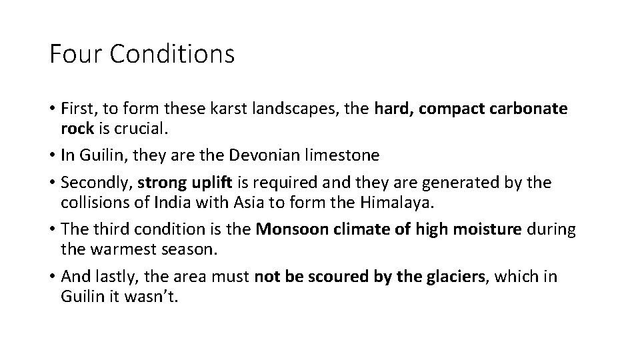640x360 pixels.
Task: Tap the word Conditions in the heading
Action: (x=172, y=54)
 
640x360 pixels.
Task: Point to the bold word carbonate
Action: (x=523, y=109)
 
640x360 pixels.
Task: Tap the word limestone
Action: (x=346, y=155)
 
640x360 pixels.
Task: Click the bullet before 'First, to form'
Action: (x=52, y=109)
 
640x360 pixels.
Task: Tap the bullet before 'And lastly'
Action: (x=52, y=276)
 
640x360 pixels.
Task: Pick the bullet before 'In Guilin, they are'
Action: (x=52, y=155)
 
